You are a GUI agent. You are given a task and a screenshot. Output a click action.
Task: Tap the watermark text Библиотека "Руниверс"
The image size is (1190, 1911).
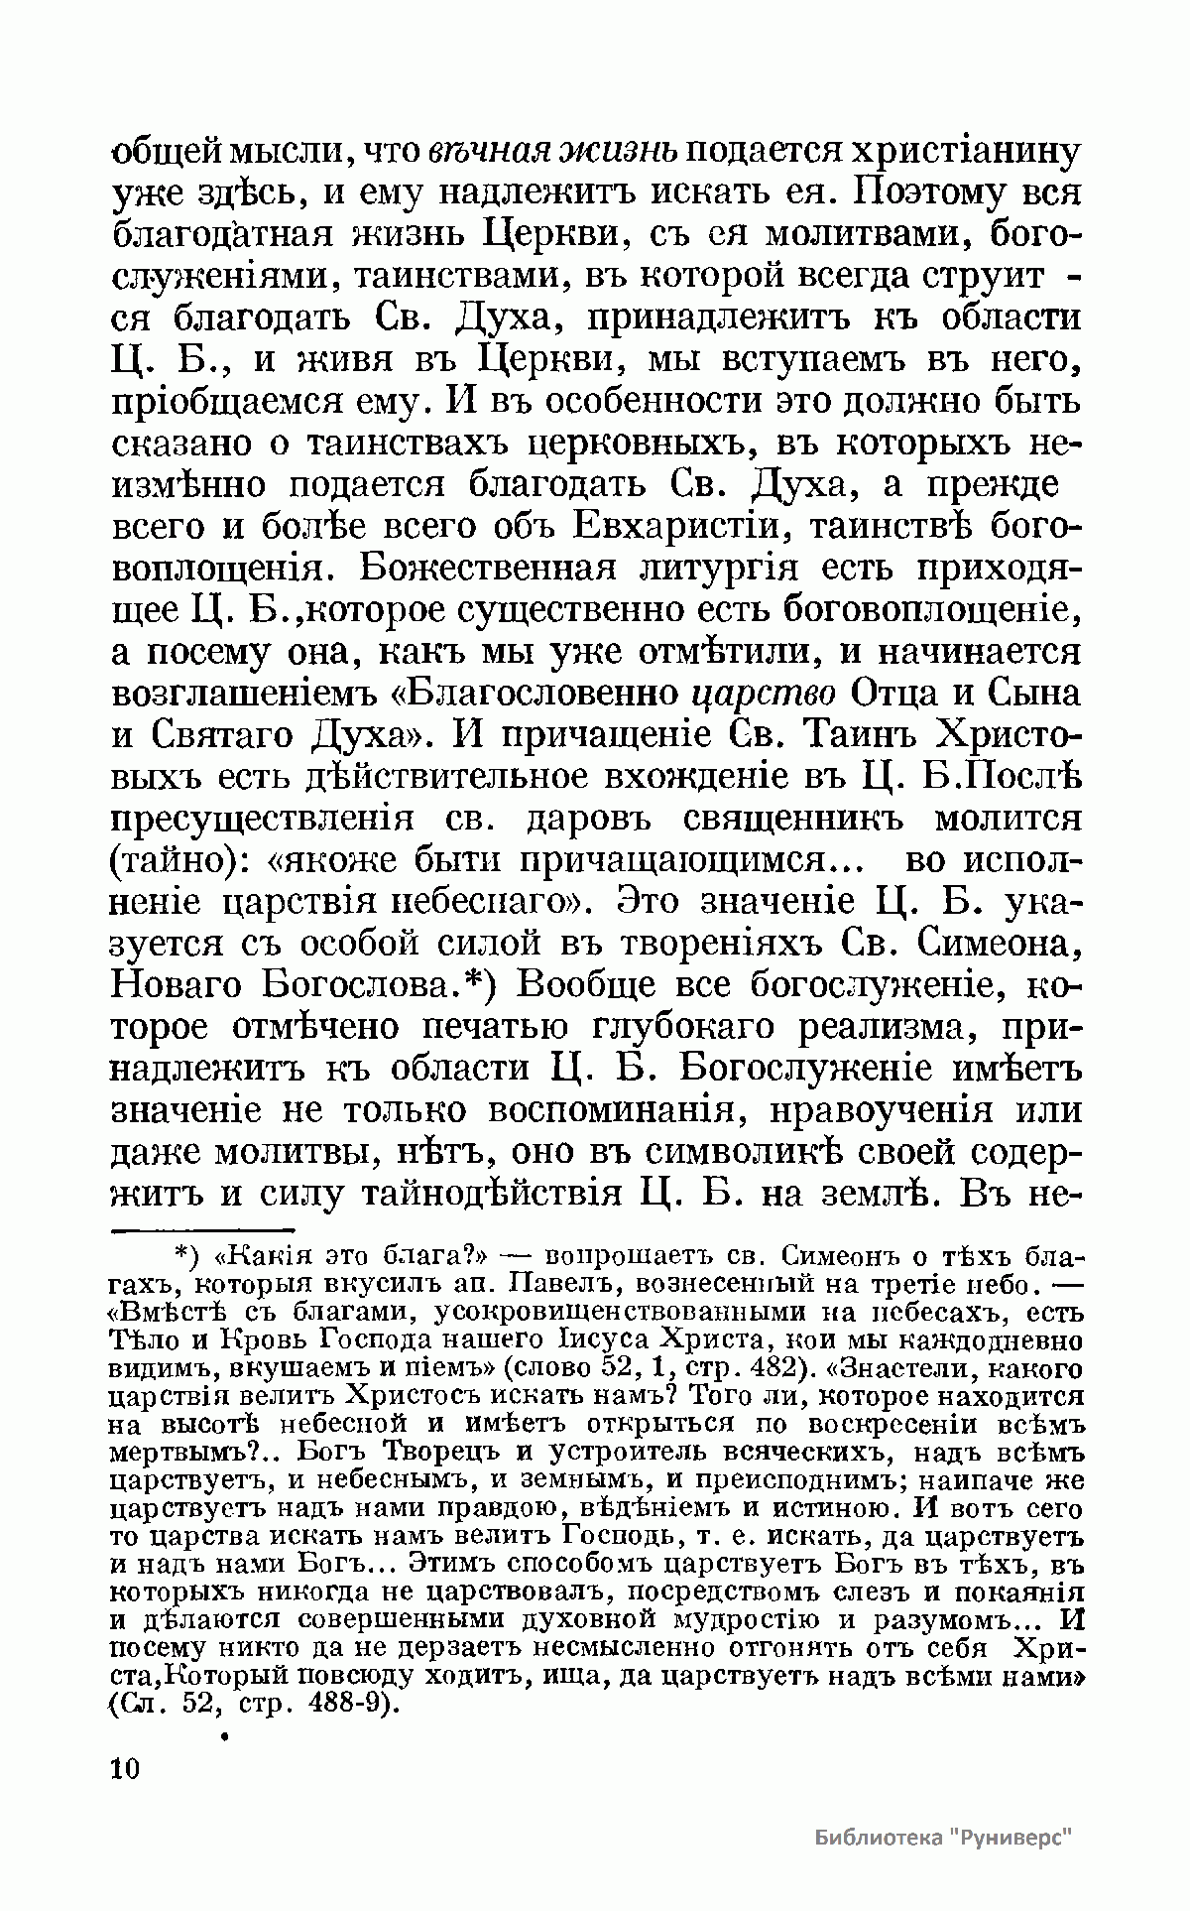pos(945,1837)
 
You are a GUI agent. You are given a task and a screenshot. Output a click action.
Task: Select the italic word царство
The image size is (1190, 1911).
pos(762,692)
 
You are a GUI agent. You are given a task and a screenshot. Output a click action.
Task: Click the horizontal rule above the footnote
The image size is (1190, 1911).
pos(198,1230)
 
